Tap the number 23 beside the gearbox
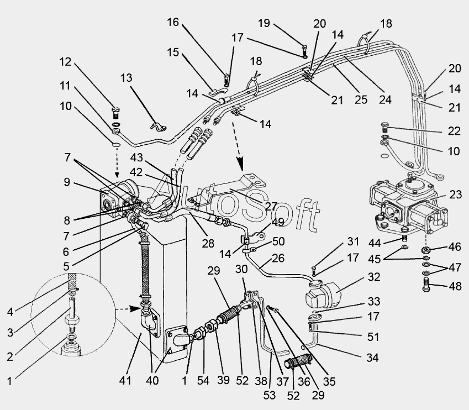[455, 194]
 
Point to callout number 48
[455, 286]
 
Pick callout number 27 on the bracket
[256, 206]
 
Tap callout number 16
[173, 23]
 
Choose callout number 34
[372, 358]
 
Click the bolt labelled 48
[426, 286]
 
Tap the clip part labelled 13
[159, 127]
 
